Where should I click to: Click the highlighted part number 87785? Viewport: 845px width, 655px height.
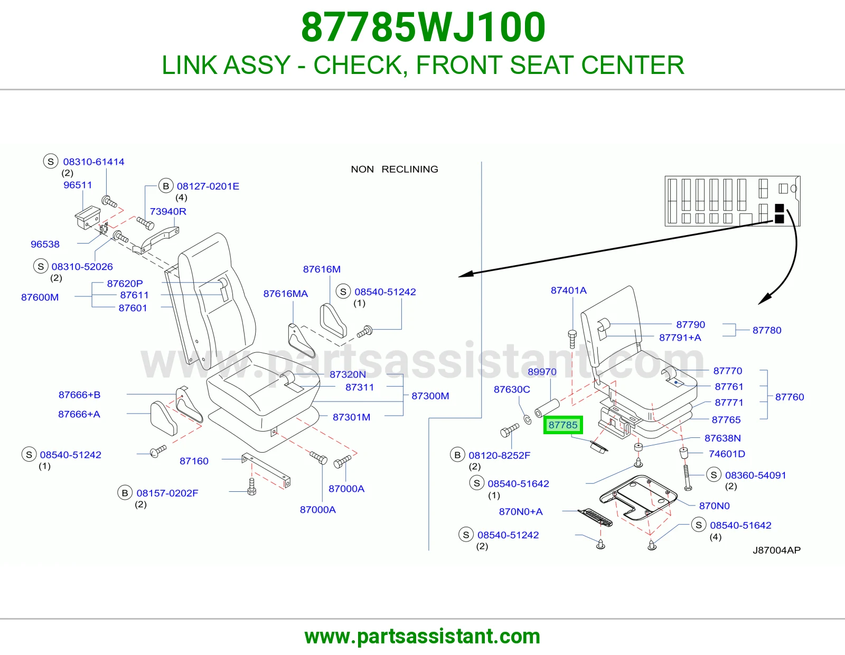pos(562,425)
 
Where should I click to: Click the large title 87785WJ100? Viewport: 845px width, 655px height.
pos(423,27)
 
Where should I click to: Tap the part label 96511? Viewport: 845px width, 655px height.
pos(78,185)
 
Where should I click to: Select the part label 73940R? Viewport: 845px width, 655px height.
pos(168,211)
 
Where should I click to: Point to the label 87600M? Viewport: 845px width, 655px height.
pos(40,297)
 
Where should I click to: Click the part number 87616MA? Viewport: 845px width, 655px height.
pos(285,294)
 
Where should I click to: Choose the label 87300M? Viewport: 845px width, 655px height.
pos(430,396)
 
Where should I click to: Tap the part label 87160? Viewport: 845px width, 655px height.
pos(194,461)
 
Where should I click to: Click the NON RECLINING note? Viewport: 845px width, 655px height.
pos(395,169)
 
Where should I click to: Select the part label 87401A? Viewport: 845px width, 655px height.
pos(568,290)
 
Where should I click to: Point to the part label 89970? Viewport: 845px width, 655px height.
pos(542,372)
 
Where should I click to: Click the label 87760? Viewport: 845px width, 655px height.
pos(790,397)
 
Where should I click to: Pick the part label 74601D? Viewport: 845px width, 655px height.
pos(727,454)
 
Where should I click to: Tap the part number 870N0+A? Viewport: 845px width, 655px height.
pos(521,511)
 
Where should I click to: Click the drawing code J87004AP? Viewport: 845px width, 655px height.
pos(776,550)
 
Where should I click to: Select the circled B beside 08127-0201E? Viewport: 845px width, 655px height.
pos(166,186)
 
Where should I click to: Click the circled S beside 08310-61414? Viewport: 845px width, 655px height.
pos(51,161)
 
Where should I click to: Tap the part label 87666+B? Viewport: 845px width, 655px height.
pos(79,395)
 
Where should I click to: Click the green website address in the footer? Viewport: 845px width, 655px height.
pos(422,637)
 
